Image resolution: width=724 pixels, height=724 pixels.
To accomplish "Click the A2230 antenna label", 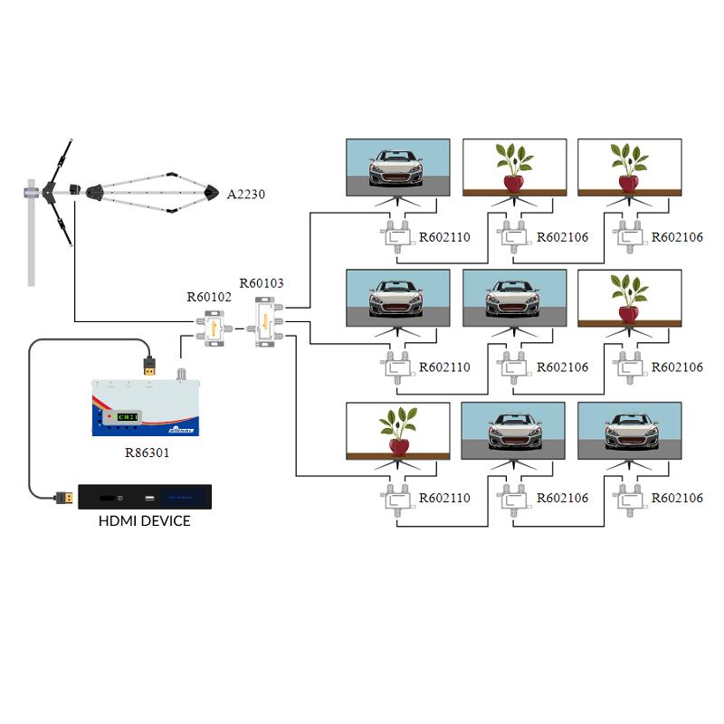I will (245, 193).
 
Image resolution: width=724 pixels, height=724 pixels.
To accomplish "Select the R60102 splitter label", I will (209, 296).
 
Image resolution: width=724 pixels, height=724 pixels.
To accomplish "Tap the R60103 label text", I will (262, 283).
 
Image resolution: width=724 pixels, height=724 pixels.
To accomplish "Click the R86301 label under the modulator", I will (146, 452).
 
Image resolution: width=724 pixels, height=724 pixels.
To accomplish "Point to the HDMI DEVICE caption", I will (145, 520).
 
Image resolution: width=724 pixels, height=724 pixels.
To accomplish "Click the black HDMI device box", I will (145, 497).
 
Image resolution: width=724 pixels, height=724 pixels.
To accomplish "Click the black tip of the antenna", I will (212, 192).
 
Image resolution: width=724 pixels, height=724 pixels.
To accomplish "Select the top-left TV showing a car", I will (398, 167).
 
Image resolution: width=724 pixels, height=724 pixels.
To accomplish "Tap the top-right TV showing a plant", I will (630, 167).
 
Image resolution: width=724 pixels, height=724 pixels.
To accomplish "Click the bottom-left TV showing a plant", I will (398, 432).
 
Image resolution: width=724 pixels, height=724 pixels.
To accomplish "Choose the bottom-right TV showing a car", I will (630, 432).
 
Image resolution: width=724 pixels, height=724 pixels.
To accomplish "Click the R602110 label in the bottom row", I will (444, 499).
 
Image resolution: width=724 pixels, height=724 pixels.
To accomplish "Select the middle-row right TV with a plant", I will (630, 299).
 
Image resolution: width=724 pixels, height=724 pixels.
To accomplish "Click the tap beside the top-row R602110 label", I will (396, 237).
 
